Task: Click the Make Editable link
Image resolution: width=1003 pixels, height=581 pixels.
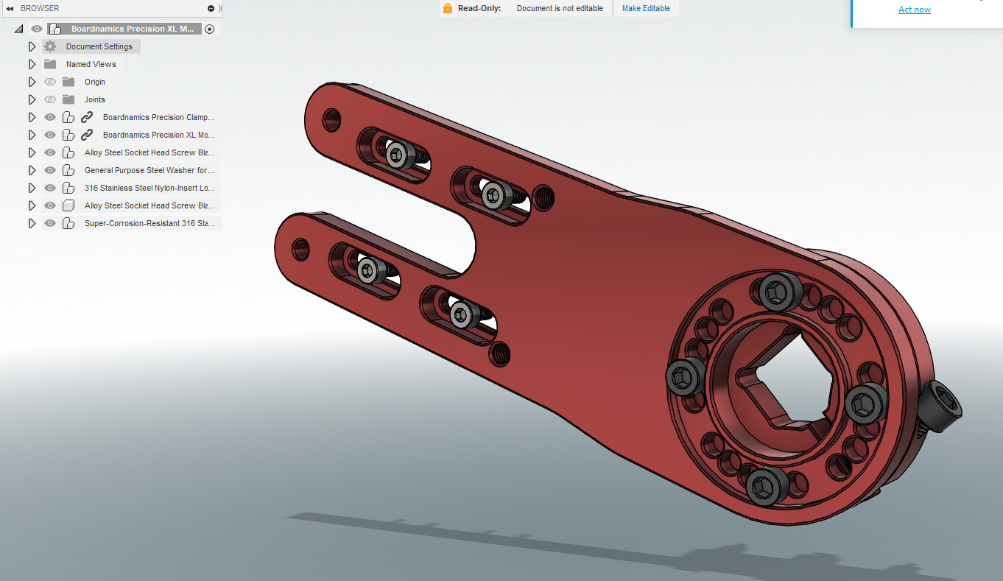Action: [x=646, y=9]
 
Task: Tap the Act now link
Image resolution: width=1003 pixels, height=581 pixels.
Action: [x=915, y=10]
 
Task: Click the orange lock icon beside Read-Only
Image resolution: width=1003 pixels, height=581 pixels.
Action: [x=447, y=8]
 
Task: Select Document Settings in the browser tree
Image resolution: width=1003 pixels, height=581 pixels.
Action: [x=99, y=46]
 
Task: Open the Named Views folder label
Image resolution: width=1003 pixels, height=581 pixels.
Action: [x=91, y=64]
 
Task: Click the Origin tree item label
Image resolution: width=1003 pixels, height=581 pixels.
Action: [x=95, y=82]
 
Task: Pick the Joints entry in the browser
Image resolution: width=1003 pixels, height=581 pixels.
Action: [x=95, y=99]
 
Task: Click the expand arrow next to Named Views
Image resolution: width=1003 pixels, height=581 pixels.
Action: [x=32, y=64]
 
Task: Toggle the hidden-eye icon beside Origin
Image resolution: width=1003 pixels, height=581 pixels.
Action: [x=50, y=82]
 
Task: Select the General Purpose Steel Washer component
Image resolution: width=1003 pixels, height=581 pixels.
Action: [x=149, y=170]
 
